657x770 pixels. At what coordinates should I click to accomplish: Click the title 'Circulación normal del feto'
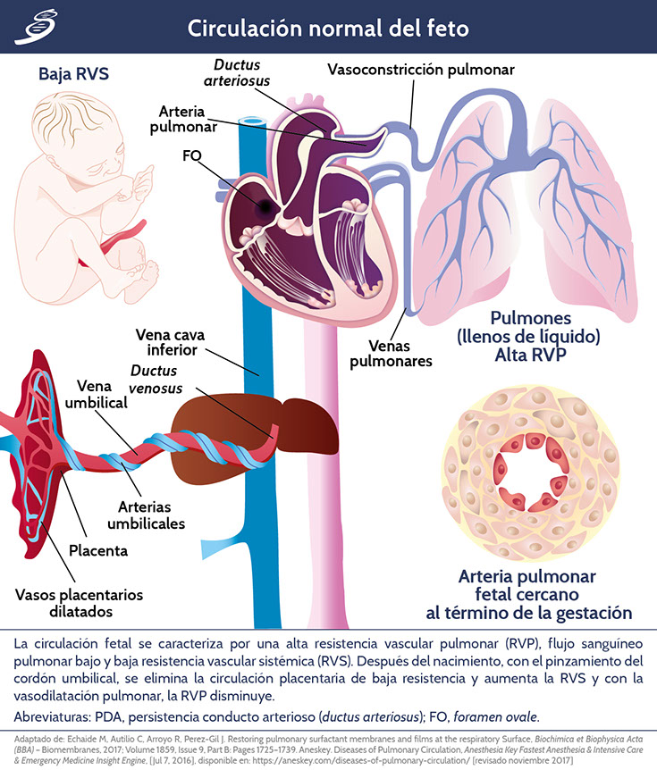click(x=328, y=28)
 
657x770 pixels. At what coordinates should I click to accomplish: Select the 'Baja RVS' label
click(x=73, y=73)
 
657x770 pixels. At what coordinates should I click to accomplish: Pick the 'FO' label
click(x=190, y=156)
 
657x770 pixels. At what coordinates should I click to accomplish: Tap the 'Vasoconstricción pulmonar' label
click(x=420, y=69)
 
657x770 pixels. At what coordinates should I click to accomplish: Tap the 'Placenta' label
click(x=112, y=551)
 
